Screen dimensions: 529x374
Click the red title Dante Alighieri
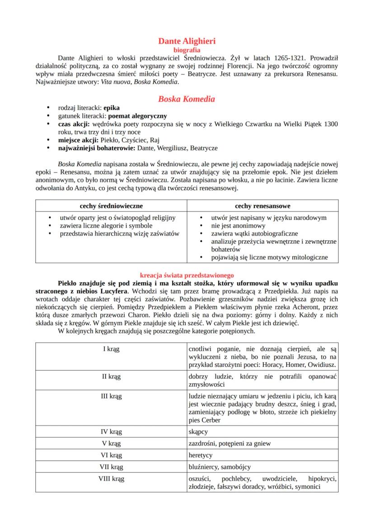(x=187, y=42)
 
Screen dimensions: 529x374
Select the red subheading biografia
(x=187, y=50)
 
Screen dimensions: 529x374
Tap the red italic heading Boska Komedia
(x=187, y=98)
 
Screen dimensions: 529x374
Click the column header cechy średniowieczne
(x=111, y=206)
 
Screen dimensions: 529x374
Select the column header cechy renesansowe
(x=262, y=206)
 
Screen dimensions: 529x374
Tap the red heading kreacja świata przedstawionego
(x=187, y=275)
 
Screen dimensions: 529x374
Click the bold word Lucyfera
(x=115, y=290)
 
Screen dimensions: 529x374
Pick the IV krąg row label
(x=111, y=431)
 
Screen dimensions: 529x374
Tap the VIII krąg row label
(x=111, y=478)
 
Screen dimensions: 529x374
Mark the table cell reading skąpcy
(x=198, y=431)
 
